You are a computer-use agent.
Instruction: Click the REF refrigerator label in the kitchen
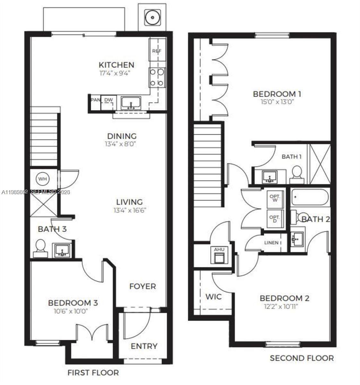point(157,51)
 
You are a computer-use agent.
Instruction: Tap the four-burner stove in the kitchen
point(157,78)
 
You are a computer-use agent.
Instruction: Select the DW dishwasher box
point(108,100)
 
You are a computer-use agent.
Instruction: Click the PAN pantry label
point(95,100)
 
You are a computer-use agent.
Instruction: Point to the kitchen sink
point(131,103)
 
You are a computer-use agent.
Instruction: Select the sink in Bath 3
point(62,250)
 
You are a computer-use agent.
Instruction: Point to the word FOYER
point(142,286)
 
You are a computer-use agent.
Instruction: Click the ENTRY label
point(144,346)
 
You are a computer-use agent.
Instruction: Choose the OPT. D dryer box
point(275,219)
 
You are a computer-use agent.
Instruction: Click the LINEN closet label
point(271,243)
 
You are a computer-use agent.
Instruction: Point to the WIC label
point(213,296)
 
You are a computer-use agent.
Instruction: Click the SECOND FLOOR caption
point(302,358)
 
